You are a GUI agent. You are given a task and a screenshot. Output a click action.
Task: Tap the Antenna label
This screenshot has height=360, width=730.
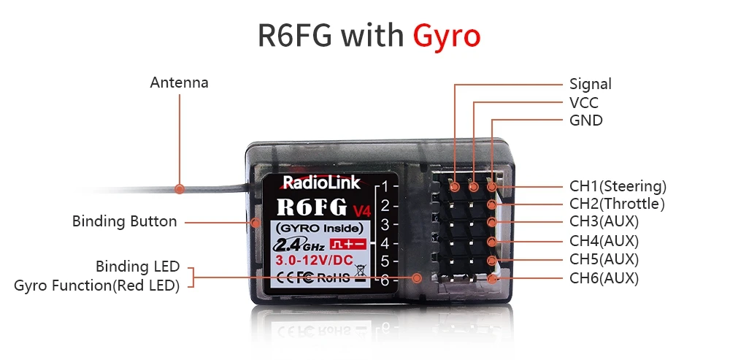tap(179, 83)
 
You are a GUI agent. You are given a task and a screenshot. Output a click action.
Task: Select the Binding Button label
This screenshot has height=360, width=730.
tap(124, 221)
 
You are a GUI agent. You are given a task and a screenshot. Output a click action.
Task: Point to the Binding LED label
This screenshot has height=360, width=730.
tap(137, 267)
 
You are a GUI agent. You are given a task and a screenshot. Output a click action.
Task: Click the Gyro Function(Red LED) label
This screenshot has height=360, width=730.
tap(96, 286)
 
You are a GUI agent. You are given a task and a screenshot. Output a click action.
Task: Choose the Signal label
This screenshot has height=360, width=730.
tap(590, 84)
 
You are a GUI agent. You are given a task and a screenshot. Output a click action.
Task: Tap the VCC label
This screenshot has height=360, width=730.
tap(583, 103)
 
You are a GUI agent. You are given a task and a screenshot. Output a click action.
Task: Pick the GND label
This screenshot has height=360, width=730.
tap(585, 120)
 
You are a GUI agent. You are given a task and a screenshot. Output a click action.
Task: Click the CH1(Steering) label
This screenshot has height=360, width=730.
tap(618, 186)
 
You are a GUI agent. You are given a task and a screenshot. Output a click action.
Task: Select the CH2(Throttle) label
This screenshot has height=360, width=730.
tap(617, 204)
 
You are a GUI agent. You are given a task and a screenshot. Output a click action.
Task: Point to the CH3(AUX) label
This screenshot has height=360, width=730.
tap(604, 221)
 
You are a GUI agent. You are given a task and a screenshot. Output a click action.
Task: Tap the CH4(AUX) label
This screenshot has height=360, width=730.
tap(604, 240)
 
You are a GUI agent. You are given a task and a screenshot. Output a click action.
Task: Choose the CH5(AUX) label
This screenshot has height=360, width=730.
tap(604, 259)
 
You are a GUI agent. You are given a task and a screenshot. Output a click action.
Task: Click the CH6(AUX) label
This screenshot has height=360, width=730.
tap(604, 278)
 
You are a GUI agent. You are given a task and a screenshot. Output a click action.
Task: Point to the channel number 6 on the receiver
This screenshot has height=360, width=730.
tap(385, 280)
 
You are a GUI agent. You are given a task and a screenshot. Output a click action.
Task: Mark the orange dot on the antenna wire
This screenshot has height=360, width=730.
tap(179, 188)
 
